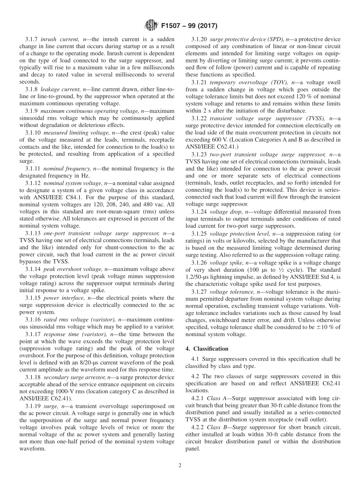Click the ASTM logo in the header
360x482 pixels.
pos(150,26)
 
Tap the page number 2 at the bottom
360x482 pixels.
pos(180,465)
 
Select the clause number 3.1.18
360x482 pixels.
pos(33,377)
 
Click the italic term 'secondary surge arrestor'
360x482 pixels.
pos(74,377)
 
